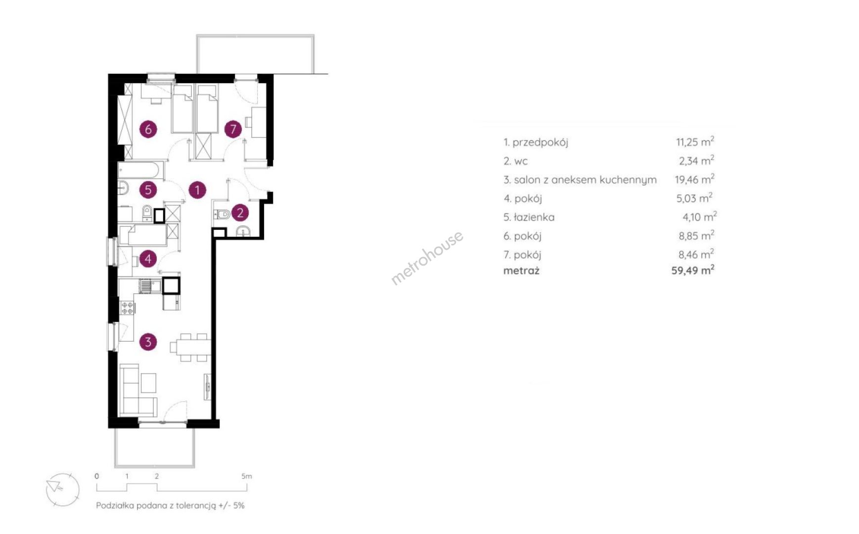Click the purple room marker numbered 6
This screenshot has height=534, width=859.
point(148,130)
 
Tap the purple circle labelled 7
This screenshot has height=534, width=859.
point(233,130)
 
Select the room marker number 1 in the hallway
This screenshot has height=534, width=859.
point(197,190)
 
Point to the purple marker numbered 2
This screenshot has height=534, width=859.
point(240,213)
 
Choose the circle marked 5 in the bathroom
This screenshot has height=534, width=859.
point(148,190)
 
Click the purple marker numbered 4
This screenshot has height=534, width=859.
point(148,259)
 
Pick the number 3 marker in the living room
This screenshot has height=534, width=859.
point(148,342)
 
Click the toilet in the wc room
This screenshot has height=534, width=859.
point(222,214)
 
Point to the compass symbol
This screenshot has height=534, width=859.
point(63,489)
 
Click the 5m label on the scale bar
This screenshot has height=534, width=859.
point(246,476)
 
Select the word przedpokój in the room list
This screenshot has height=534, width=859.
point(541,143)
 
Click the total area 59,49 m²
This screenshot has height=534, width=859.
point(693,270)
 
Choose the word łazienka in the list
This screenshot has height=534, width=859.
point(534,217)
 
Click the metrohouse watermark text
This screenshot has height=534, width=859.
point(427,258)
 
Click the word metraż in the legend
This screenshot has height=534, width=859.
point(521,270)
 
